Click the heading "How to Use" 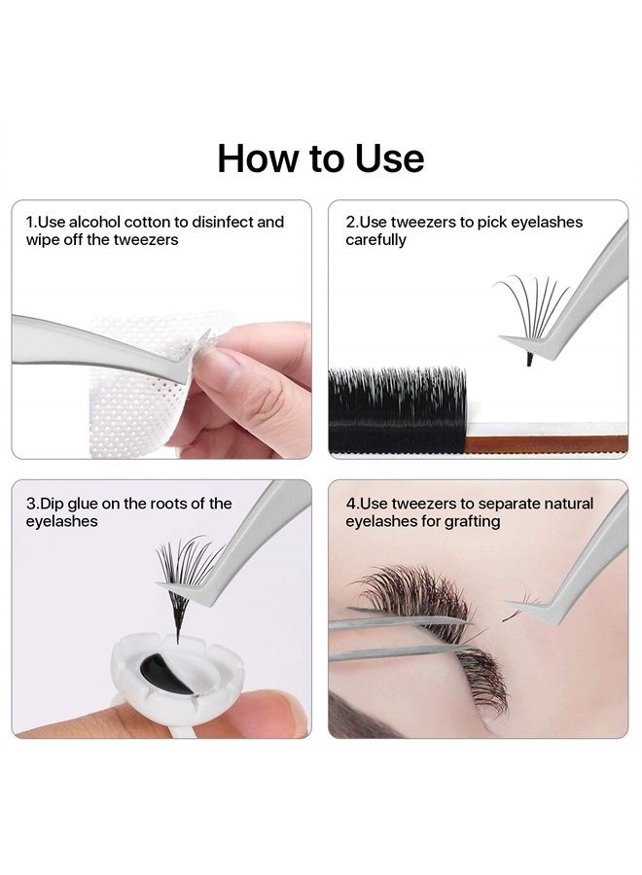point(321,157)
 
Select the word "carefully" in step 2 point(375,239)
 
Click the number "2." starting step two point(352,222)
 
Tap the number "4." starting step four point(352,504)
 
